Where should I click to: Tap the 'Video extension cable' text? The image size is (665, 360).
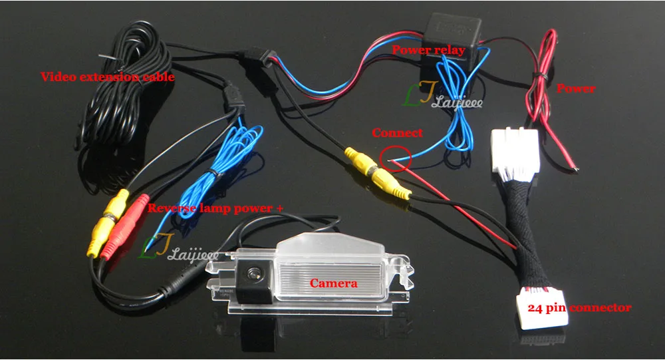click(108, 77)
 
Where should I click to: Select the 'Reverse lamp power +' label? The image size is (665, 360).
click(215, 208)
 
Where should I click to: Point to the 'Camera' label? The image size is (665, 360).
click(334, 283)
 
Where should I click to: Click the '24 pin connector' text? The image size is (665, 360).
click(579, 308)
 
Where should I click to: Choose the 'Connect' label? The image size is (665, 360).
click(397, 132)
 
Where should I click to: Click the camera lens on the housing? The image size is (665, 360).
click(253, 272)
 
